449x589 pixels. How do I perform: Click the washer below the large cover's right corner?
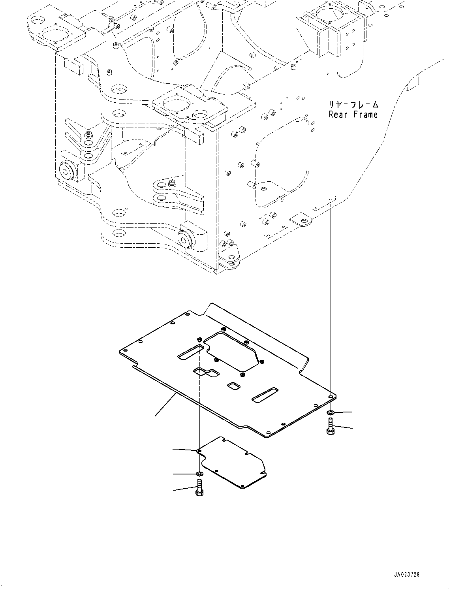(330, 413)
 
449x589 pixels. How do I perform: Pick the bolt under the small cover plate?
(199, 488)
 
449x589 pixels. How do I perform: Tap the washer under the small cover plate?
(199, 474)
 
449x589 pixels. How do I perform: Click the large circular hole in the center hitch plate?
(176, 105)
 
